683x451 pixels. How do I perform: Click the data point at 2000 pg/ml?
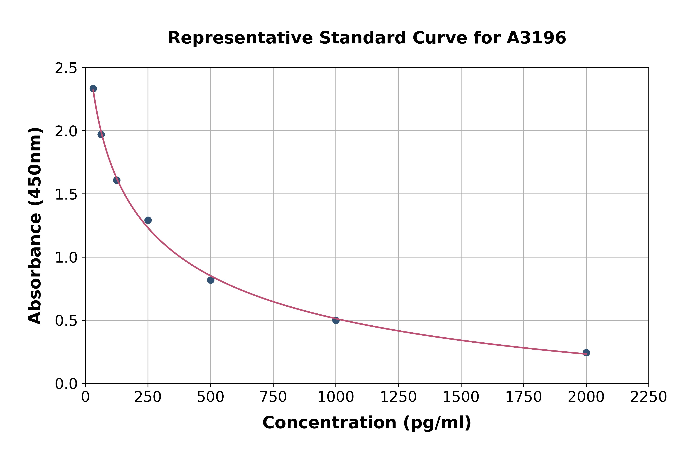point(586,353)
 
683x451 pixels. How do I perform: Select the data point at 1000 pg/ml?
point(336,320)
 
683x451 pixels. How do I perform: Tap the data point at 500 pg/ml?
point(211,280)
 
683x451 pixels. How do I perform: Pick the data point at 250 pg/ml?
point(148,220)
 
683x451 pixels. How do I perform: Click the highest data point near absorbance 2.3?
point(93,89)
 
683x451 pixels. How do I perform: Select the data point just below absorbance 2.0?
point(101,134)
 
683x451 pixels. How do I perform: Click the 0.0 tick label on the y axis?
point(66,384)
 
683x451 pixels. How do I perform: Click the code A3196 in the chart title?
point(536,38)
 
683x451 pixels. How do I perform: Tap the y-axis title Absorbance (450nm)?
point(35,226)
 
